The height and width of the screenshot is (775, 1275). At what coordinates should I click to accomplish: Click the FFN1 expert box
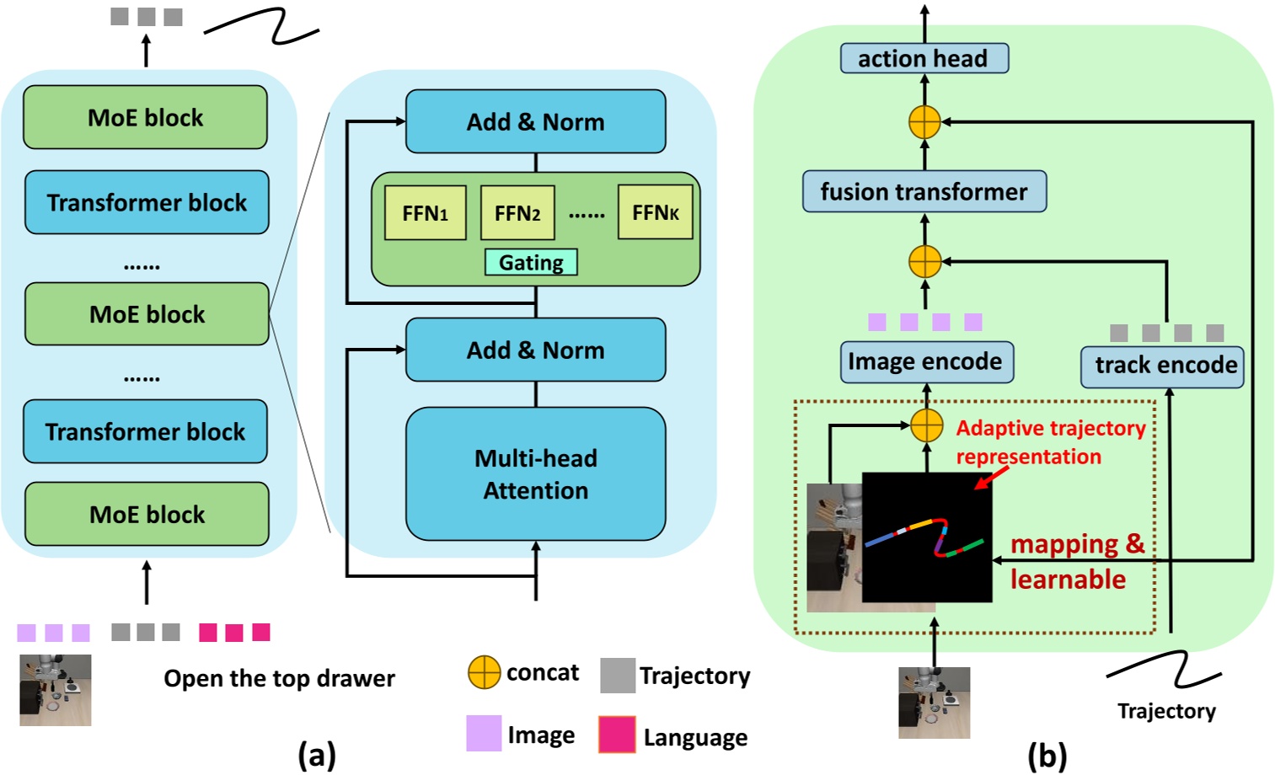(x=425, y=213)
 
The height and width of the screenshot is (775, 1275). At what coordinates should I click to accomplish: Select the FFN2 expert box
(x=517, y=213)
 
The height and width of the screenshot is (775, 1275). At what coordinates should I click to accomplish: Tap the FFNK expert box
(x=655, y=212)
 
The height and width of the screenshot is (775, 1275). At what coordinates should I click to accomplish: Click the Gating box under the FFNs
(x=531, y=263)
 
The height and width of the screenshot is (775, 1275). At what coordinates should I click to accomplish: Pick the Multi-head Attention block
(x=535, y=473)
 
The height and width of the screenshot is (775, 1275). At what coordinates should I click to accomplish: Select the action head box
(x=924, y=59)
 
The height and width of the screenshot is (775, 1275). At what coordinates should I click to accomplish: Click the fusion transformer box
(x=924, y=191)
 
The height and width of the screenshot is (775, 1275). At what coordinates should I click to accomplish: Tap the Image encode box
(x=925, y=361)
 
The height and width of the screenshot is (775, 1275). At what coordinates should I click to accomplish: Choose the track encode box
(x=1163, y=366)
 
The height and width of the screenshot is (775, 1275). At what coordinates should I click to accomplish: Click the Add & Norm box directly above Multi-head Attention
(x=535, y=350)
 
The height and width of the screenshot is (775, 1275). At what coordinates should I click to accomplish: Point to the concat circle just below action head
(x=924, y=122)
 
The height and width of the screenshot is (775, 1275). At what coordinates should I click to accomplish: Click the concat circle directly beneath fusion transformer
(x=924, y=261)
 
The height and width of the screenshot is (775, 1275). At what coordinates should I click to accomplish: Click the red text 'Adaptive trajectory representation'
(x=1050, y=442)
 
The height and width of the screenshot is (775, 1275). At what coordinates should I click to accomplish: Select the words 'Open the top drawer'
(x=279, y=678)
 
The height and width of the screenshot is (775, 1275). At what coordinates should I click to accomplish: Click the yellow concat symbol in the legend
(x=484, y=673)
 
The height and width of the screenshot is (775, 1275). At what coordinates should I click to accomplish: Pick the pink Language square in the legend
(x=617, y=735)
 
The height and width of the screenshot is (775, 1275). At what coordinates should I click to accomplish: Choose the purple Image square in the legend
(x=484, y=734)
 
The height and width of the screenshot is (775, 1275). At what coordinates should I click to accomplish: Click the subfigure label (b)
(x=1047, y=756)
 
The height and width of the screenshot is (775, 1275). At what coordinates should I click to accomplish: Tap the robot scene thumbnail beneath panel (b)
(x=934, y=703)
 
